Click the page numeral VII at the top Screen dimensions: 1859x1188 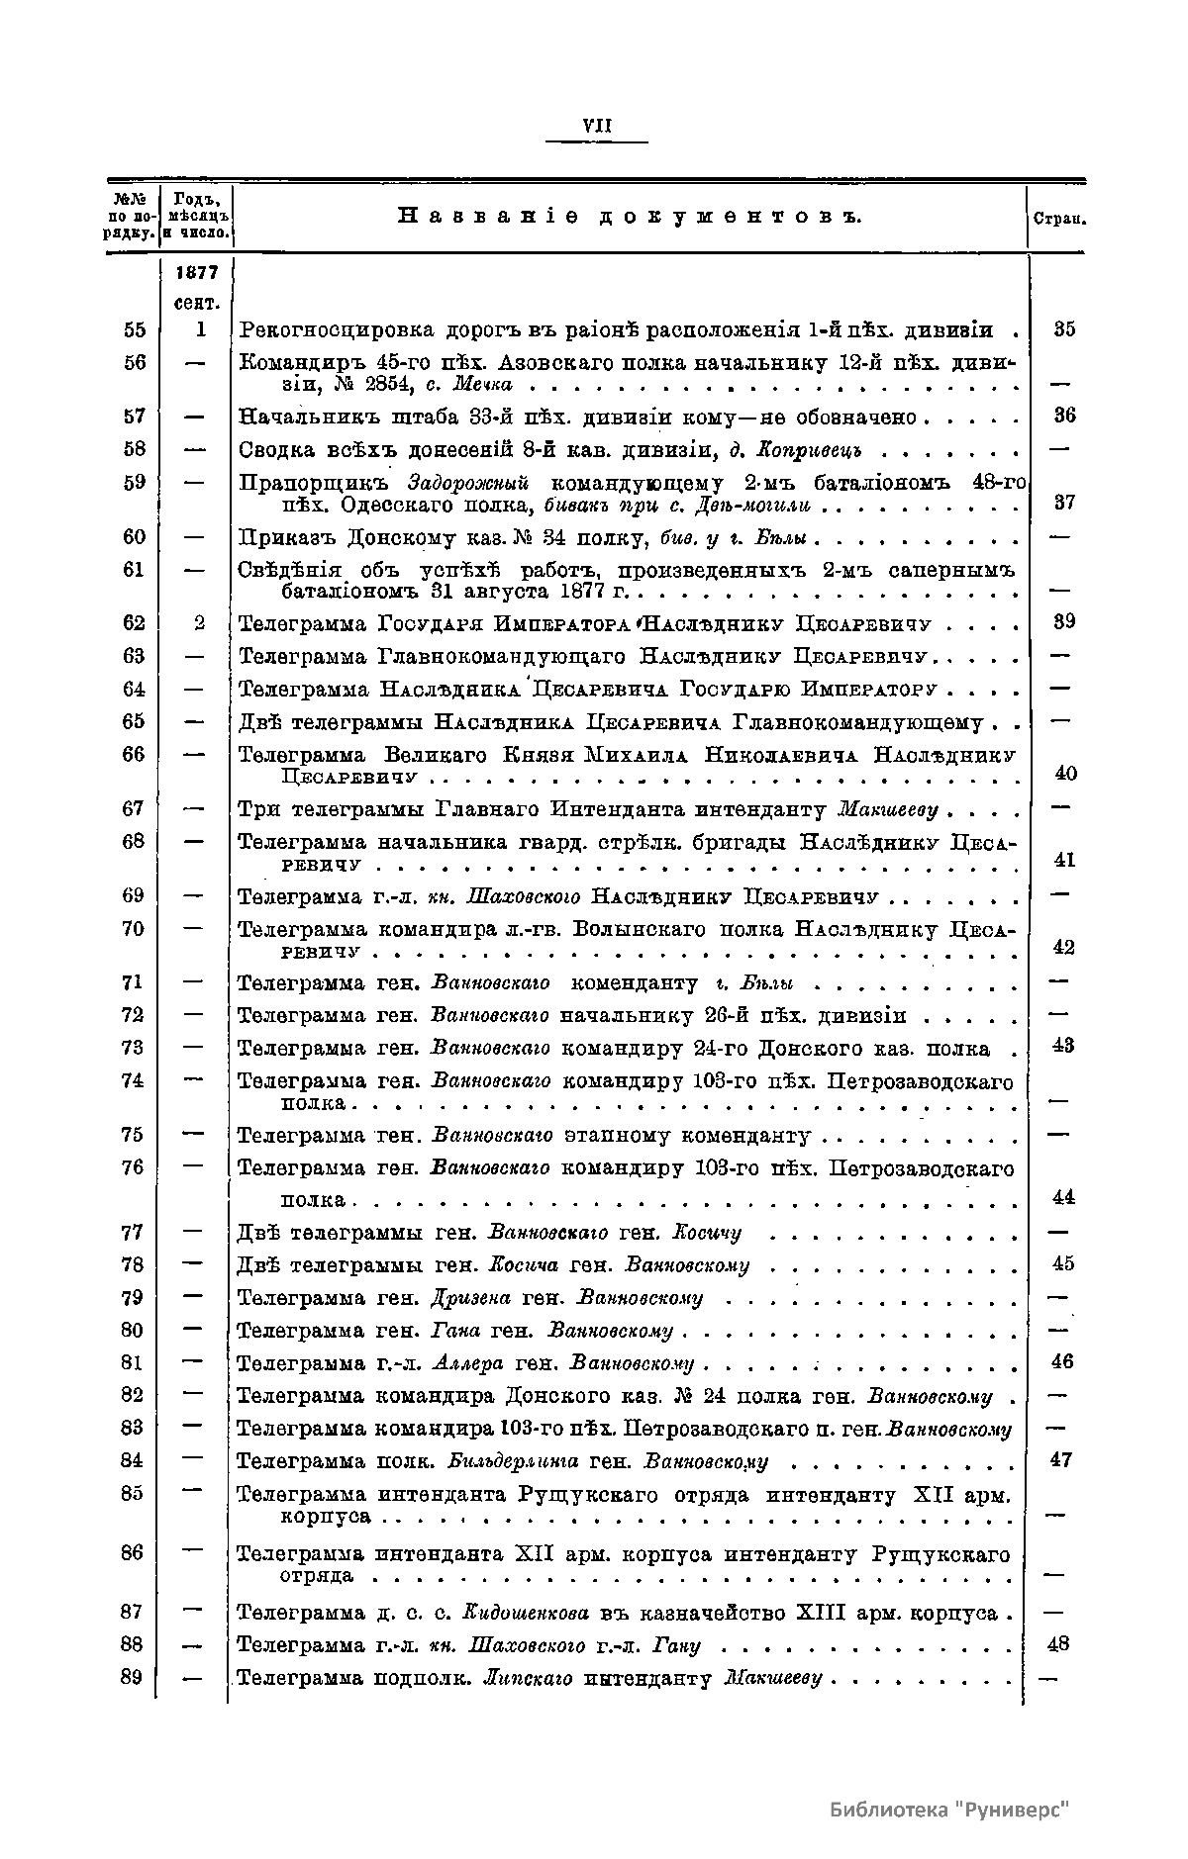click(597, 126)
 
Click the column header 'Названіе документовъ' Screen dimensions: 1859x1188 click(630, 216)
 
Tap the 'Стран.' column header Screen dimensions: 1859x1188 click(1058, 218)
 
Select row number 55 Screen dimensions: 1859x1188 click(135, 329)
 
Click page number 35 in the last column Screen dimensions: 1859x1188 click(1064, 329)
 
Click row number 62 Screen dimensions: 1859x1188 click(135, 622)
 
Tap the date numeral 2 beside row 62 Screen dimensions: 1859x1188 click(198, 622)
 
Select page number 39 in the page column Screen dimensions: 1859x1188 click(1064, 621)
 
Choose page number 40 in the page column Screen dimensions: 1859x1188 click(1064, 773)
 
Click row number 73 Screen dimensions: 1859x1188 click(133, 1047)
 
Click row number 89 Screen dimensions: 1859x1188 click(133, 1677)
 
